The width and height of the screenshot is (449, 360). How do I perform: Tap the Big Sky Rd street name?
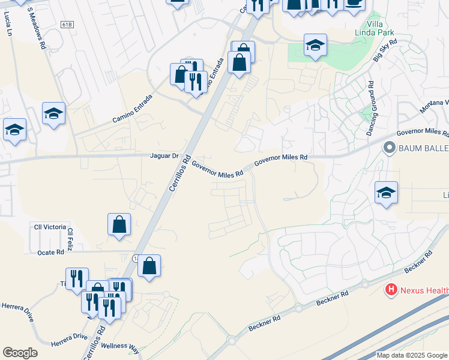click(385, 50)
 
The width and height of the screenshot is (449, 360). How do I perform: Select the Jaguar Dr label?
click(164, 156)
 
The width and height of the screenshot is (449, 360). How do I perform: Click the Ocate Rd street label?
click(52, 253)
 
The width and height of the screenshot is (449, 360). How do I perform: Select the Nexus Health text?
click(424, 291)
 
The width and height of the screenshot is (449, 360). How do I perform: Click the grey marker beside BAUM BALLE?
click(389, 147)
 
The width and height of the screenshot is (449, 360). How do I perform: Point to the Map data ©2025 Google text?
click(411, 355)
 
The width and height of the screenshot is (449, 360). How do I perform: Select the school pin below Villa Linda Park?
click(315, 46)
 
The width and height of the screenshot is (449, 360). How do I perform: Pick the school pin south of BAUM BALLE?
click(386, 193)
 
